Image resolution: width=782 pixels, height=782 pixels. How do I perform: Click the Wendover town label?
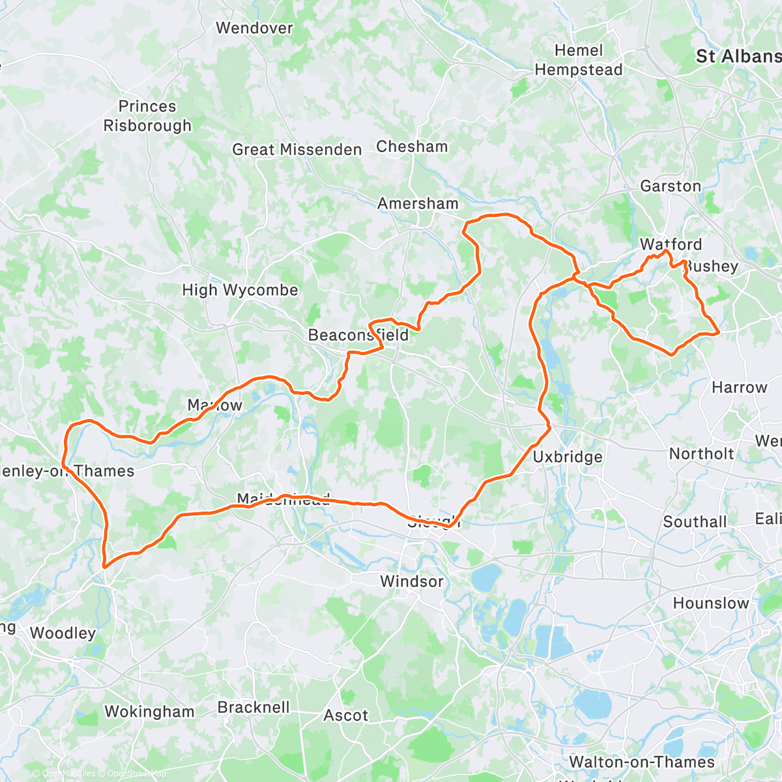(254, 28)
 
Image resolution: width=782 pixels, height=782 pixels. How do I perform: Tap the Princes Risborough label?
(147, 116)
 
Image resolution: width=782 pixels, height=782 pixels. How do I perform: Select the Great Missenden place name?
(297, 150)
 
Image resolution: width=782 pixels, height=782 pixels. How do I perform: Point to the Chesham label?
(412, 147)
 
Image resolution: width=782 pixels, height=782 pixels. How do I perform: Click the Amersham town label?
(418, 203)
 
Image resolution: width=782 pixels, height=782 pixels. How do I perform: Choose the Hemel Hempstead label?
(579, 60)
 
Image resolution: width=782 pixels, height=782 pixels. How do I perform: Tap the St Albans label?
(738, 57)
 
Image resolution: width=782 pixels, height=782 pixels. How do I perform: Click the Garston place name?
(671, 186)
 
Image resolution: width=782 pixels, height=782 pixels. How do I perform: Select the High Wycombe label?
(240, 290)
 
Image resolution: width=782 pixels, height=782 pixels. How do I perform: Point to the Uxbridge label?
(568, 457)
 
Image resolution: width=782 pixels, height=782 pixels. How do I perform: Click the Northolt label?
(701, 454)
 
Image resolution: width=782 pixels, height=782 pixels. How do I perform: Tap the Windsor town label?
(411, 581)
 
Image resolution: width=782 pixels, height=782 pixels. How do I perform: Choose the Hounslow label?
(710, 603)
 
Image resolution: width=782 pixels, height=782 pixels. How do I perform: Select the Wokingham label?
(149, 712)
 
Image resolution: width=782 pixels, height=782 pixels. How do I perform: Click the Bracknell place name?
(253, 707)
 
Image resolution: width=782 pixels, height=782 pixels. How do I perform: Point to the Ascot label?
(346, 716)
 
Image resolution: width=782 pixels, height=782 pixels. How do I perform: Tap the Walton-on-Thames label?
(641, 762)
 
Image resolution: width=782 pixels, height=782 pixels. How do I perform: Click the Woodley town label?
(63, 633)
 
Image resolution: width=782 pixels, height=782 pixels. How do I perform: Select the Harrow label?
(739, 388)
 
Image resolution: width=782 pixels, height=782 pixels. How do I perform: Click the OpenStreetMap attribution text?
(136, 774)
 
